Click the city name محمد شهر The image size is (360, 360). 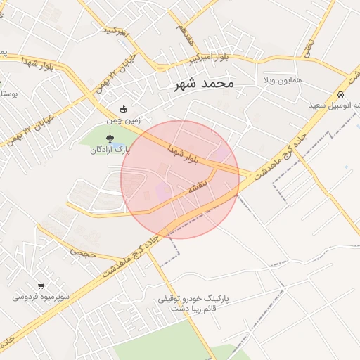pos(204,84)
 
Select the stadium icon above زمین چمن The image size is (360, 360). pos(124,109)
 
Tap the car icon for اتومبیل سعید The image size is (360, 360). pos(340,94)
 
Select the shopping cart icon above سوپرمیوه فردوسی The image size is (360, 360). pos(41,285)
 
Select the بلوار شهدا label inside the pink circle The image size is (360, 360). pos(184,155)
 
